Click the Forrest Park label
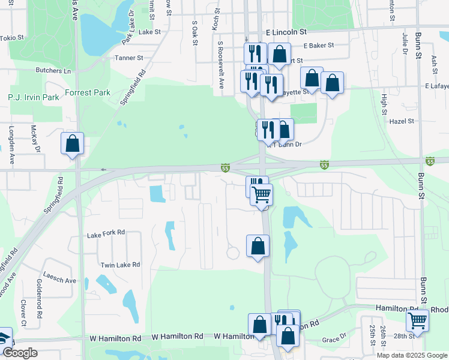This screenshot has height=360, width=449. pyautogui.click(x=88, y=92)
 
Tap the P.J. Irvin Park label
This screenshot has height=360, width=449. pyautogui.click(x=34, y=97)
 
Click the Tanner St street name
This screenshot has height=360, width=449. pyautogui.click(x=131, y=58)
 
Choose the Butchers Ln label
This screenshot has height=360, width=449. pyautogui.click(x=53, y=70)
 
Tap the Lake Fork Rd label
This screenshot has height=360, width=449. pyautogui.click(x=105, y=232)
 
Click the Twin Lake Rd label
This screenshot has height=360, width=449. pyautogui.click(x=120, y=265)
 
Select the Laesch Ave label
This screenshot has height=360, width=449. pyautogui.click(x=63, y=280)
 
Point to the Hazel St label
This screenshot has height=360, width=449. pyautogui.click(x=402, y=121)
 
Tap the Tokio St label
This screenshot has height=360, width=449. pyautogui.click(x=12, y=37)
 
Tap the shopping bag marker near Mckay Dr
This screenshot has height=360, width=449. pyautogui.click(x=72, y=144)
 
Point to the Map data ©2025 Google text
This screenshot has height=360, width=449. pyautogui.click(x=411, y=355)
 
